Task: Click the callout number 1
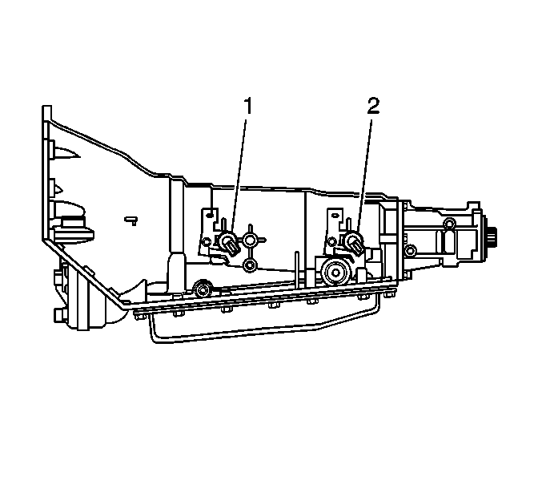(x=249, y=106)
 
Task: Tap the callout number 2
(x=373, y=106)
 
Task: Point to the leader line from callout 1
(x=239, y=176)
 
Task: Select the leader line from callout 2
(x=364, y=176)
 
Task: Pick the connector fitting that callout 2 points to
(x=355, y=243)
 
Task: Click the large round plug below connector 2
(x=335, y=273)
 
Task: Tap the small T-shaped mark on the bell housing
(x=132, y=220)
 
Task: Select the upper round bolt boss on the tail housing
(x=449, y=223)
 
